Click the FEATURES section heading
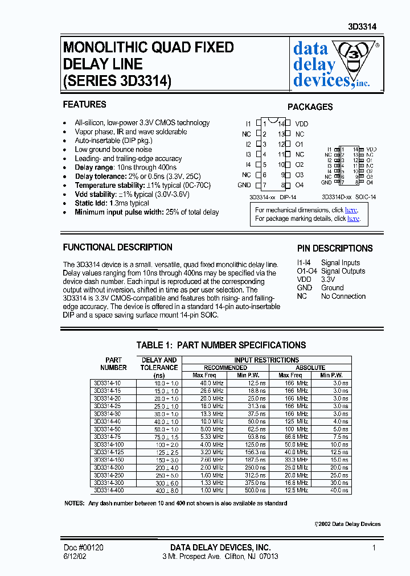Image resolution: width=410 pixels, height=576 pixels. tap(84, 105)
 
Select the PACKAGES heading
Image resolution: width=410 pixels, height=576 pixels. tap(310, 107)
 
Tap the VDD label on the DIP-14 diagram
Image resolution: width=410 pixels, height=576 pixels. tap(301, 124)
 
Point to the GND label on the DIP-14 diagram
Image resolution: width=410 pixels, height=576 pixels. tap(244, 185)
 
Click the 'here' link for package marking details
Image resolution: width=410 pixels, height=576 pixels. tap(353, 219)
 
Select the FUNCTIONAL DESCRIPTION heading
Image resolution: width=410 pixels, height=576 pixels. tap(117, 248)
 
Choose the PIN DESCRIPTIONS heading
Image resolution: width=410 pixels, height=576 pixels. tap(335, 249)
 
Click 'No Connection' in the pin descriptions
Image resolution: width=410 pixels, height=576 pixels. tap(343, 297)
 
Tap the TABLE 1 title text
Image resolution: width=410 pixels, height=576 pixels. tap(221, 345)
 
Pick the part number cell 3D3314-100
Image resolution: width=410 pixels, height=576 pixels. tap(108, 445)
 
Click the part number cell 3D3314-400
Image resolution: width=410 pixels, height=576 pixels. tap(108, 490)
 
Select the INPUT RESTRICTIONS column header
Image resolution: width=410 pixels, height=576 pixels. tap(266, 360)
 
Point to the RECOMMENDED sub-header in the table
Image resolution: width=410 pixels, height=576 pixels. tap(225, 368)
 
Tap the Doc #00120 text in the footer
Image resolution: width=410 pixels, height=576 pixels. tap(83, 548)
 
